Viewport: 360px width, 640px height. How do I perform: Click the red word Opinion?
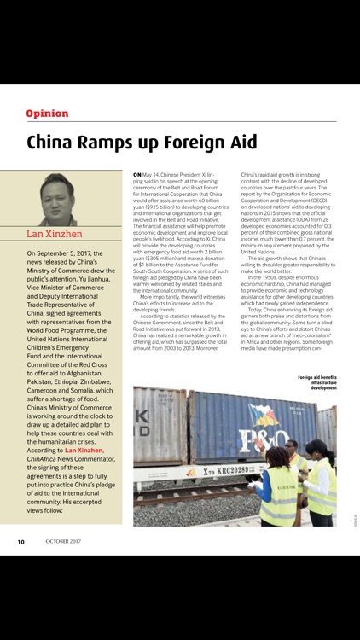pos(47,113)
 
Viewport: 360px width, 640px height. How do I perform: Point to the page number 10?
pos(20,541)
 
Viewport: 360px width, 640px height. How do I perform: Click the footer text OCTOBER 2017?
pos(63,541)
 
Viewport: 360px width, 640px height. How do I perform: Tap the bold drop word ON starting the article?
pos(137,175)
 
